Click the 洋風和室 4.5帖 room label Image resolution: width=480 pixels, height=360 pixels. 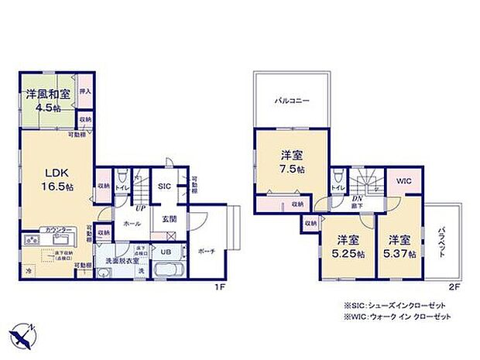48,100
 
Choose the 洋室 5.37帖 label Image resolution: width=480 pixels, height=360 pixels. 402,246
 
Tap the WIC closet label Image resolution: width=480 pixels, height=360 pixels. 404,181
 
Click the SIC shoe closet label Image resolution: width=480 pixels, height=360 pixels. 164,187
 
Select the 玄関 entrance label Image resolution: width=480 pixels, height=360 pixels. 169,219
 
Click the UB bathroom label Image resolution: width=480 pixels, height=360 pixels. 166,251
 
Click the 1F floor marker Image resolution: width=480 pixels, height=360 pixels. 220,286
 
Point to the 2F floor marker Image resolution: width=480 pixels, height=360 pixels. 454,286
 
